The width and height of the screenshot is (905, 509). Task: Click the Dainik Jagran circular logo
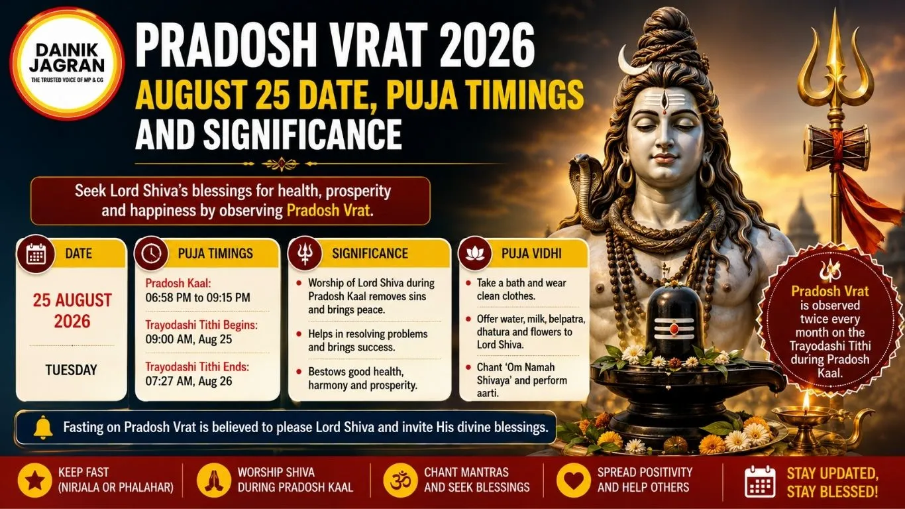(67, 64)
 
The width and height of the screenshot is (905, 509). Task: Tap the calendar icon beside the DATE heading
(36, 254)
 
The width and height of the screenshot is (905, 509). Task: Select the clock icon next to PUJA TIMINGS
(152, 254)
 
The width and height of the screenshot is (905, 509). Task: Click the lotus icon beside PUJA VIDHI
(475, 253)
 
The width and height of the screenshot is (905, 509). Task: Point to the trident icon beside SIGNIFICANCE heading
(305, 254)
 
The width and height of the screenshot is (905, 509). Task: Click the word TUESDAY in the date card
(71, 370)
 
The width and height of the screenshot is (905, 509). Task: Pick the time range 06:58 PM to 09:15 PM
(197, 298)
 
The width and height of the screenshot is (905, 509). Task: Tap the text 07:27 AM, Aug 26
(189, 381)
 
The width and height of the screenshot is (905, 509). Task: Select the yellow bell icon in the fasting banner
(43, 427)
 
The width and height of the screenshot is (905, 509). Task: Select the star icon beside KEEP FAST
(34, 481)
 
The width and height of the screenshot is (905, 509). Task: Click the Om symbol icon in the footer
(400, 481)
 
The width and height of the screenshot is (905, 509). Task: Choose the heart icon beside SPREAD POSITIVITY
(574, 481)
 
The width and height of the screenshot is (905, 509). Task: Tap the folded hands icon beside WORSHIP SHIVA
(214, 481)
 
